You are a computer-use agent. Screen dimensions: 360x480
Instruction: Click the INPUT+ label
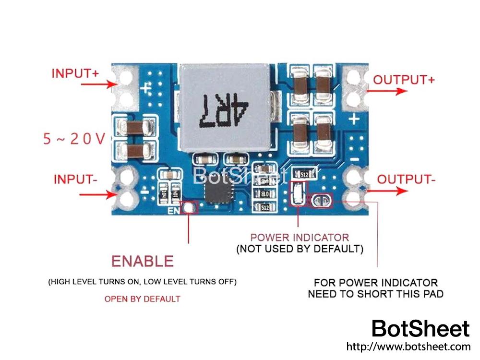[x=75, y=73]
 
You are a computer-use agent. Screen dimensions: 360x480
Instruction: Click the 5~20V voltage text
[x=74, y=139]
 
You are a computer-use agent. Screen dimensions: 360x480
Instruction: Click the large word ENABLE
[x=142, y=261]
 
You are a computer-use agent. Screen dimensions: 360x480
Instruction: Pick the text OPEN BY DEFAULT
[x=142, y=299]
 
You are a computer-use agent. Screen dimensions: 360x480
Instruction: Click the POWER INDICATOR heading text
[x=300, y=238]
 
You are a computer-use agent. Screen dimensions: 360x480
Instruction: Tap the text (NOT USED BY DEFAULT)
[x=300, y=249]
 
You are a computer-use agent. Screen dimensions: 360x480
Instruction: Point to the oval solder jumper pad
[x=321, y=201]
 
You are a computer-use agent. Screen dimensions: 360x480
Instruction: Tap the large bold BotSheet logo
[x=420, y=329]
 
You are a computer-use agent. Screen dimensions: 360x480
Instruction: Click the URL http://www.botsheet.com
[x=408, y=346]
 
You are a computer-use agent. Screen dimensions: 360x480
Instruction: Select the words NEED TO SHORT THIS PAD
[x=375, y=294]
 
